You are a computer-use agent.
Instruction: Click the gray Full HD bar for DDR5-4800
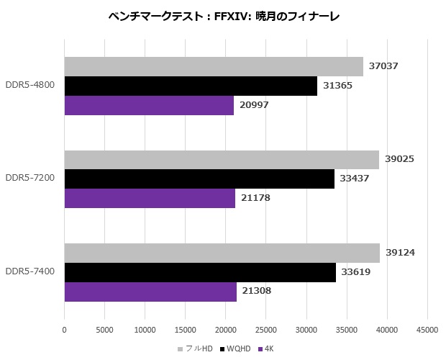tap(214, 66)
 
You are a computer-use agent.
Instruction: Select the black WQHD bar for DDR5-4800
tap(191, 86)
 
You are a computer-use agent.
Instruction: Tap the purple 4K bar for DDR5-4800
tap(149, 105)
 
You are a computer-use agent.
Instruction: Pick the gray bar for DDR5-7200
tap(222, 159)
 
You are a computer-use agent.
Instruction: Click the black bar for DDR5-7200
tap(199, 179)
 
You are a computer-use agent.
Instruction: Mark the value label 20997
tap(254, 105)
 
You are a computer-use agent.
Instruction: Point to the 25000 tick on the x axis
tap(266, 330)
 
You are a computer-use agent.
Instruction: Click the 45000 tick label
tap(427, 330)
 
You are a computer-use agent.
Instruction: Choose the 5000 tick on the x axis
tap(105, 330)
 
